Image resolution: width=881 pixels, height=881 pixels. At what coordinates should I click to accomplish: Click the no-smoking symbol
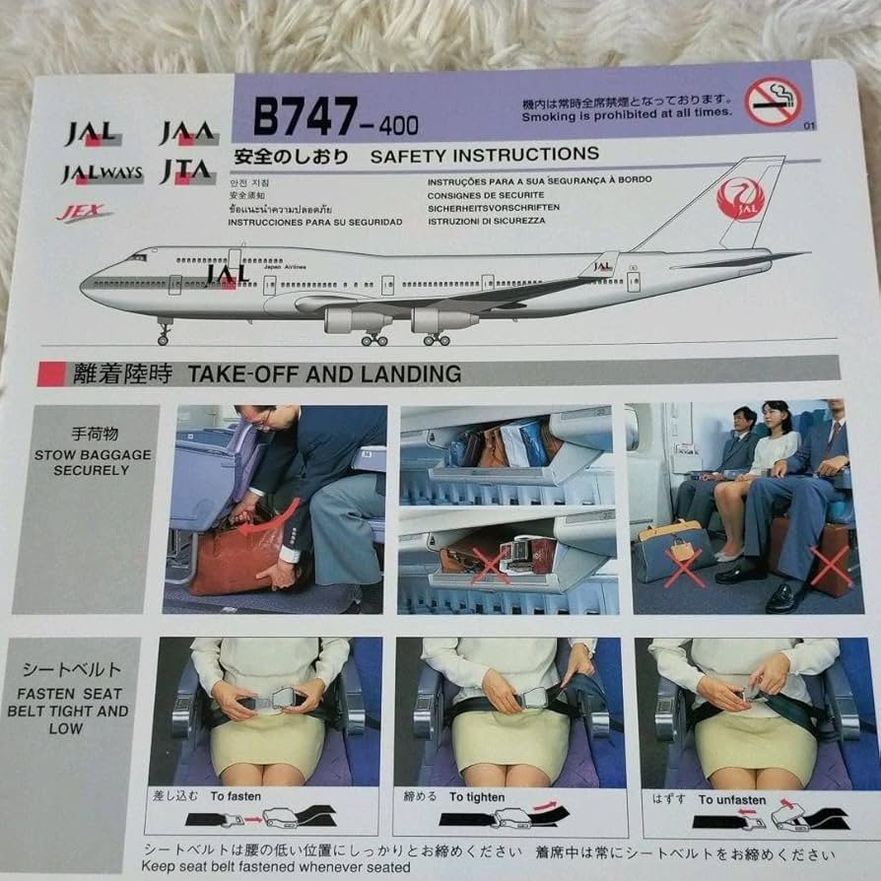772,102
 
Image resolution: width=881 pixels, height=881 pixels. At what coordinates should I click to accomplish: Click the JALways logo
102,174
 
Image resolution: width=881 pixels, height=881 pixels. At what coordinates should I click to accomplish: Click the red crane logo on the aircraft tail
741,198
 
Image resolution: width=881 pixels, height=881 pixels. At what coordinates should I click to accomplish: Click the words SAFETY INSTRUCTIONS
484,155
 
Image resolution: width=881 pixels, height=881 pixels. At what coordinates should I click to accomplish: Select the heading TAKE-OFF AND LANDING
323,373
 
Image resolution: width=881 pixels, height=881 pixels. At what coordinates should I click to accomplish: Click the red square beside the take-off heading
51,374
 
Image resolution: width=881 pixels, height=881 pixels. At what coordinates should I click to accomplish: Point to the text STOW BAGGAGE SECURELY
94,462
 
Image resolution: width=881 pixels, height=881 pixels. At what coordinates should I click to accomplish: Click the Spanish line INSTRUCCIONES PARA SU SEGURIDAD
315,222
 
